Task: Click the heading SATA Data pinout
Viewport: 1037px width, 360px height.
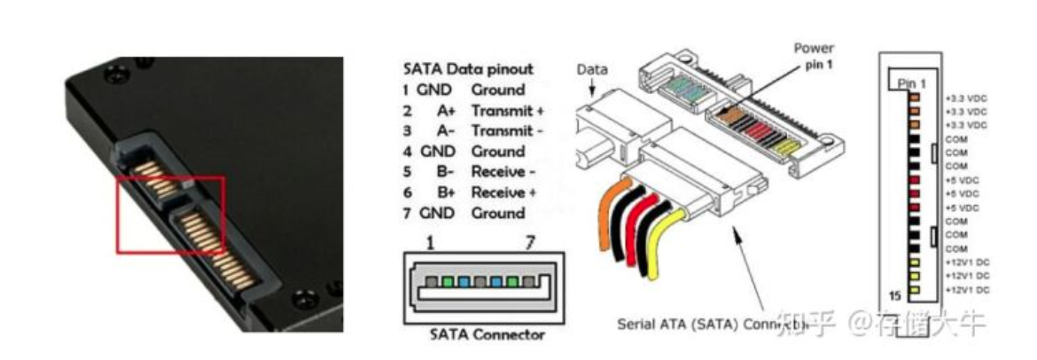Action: point(468,68)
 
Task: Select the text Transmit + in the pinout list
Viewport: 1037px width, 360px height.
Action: point(507,111)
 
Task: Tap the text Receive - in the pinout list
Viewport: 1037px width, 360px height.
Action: point(503,172)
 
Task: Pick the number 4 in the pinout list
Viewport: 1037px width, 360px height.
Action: point(406,152)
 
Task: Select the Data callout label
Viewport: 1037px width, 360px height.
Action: point(591,69)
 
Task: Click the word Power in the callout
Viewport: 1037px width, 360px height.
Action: point(813,48)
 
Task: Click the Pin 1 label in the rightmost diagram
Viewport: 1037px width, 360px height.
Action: point(912,82)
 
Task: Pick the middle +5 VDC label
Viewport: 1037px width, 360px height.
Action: point(963,193)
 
